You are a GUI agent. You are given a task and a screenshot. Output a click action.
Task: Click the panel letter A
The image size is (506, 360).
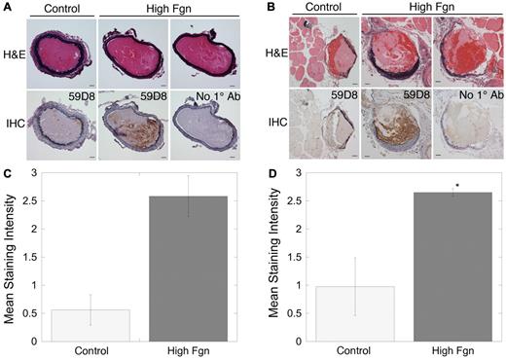7,7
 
